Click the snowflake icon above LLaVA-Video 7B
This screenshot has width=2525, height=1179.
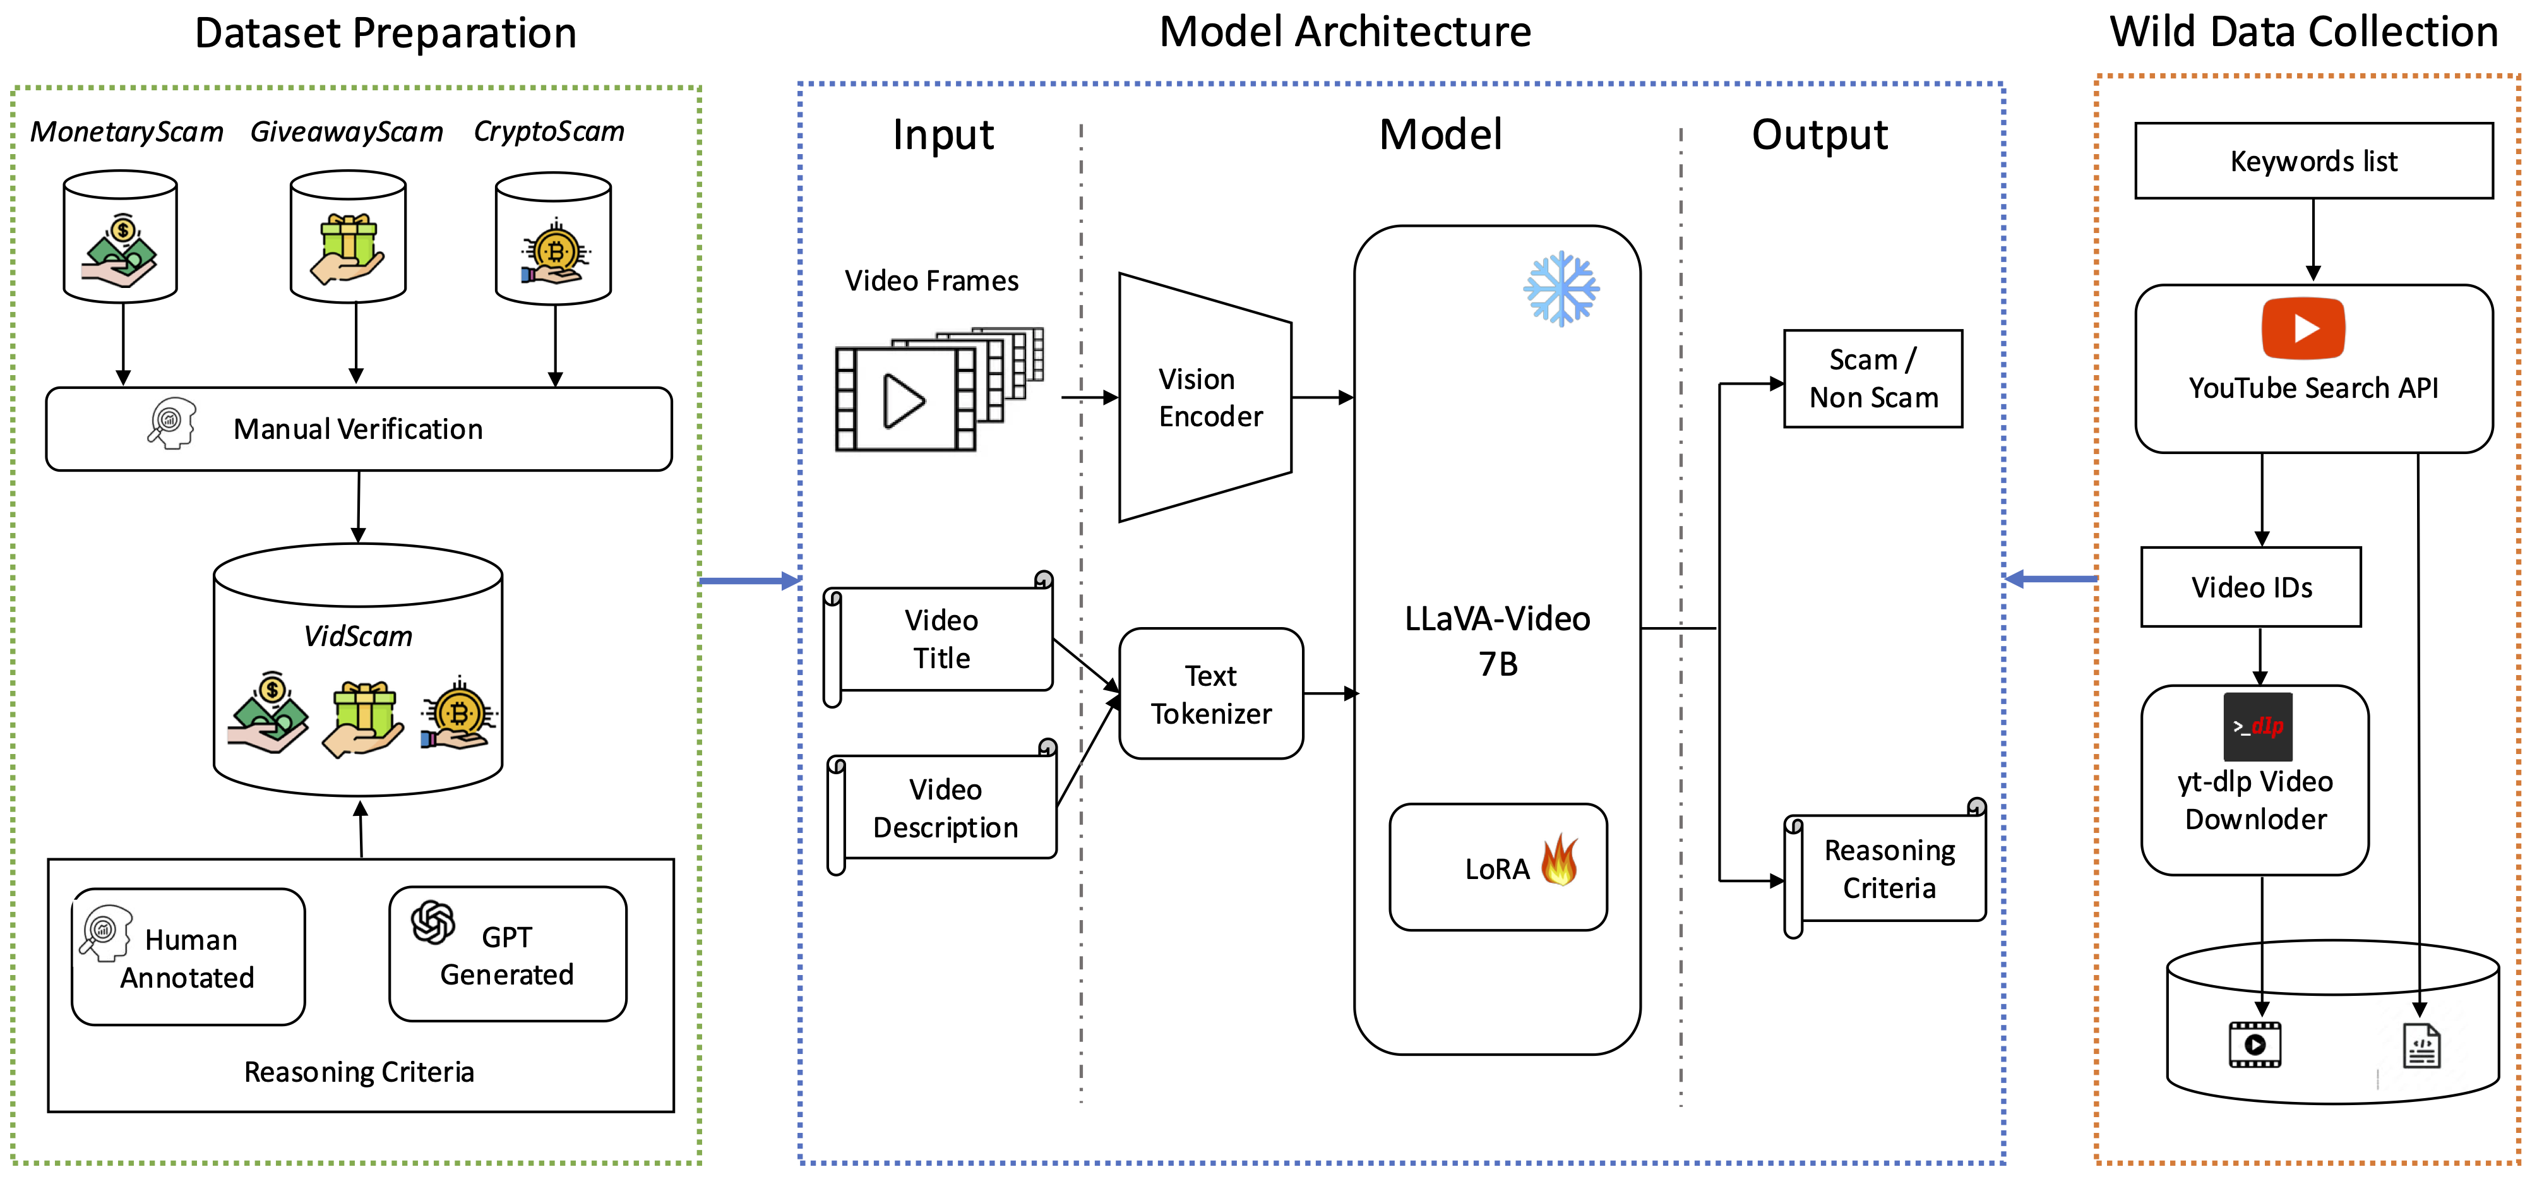(1560, 289)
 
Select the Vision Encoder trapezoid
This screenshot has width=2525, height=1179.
(1205, 397)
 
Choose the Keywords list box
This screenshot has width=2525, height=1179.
(2313, 161)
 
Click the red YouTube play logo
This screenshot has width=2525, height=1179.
(2303, 328)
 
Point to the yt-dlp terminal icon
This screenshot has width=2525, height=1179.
(2257, 726)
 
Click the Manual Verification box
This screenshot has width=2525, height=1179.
(359, 429)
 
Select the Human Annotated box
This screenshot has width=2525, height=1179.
(188, 957)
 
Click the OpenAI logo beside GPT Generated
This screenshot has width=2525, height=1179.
(433, 922)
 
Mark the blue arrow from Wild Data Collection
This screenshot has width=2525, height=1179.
(2051, 579)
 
